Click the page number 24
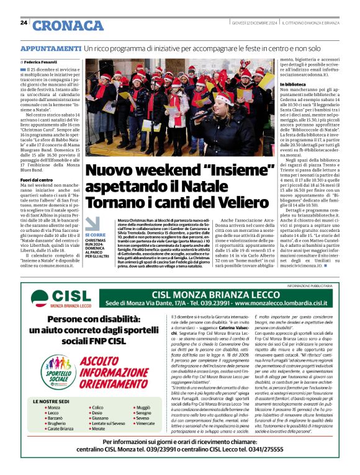24,22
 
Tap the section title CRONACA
60,25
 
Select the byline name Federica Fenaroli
42,63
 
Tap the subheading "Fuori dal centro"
37,180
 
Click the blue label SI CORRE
95,236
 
